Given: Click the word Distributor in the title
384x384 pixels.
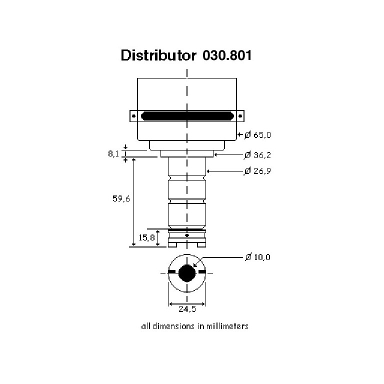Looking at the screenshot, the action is click(158, 55).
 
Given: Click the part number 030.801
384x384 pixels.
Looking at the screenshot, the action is click(227, 55).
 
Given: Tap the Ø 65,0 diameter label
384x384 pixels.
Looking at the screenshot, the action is click(257, 134).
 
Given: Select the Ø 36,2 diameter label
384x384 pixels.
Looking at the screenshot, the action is click(257, 155).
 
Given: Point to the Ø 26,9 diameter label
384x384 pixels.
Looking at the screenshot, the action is click(257, 170).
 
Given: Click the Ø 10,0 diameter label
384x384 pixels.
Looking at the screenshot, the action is click(257, 257).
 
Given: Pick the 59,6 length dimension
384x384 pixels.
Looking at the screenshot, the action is click(121, 198).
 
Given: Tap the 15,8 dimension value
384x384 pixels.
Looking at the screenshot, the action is click(146, 237).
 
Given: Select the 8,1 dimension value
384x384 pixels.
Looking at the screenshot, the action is click(113, 154).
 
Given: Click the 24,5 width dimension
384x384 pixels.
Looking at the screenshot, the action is click(187, 309).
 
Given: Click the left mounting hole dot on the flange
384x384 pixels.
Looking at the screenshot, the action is click(133, 116).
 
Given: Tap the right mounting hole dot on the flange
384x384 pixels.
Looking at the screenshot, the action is click(240, 116).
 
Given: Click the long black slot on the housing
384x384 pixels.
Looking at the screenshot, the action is click(187, 116).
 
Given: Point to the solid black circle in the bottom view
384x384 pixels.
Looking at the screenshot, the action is click(187, 273).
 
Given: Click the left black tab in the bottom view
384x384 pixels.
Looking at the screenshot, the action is click(172, 272).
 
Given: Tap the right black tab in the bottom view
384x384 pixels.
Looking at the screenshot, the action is click(202, 272).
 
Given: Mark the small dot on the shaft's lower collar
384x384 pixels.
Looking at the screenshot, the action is click(187, 235).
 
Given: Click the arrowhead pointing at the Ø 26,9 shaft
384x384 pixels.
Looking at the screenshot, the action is click(208, 171).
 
